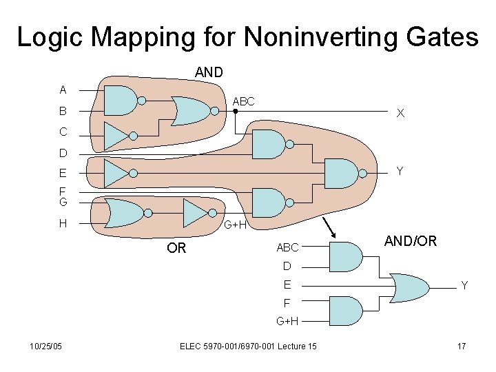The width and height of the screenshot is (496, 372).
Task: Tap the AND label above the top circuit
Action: point(209,72)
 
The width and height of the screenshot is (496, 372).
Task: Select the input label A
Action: point(63,90)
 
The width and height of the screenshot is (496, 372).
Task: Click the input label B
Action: point(63,110)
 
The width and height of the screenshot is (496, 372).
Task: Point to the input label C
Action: point(63,132)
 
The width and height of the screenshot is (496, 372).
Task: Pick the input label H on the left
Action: point(63,223)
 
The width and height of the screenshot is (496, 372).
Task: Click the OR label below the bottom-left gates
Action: point(176,248)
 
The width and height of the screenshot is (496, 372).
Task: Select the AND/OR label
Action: point(411,241)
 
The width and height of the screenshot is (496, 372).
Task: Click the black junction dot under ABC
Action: point(236,110)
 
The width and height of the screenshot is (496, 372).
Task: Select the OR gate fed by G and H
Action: point(122,213)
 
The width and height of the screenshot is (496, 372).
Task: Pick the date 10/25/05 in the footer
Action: point(46,346)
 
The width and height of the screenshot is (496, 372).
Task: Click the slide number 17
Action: point(462,346)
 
